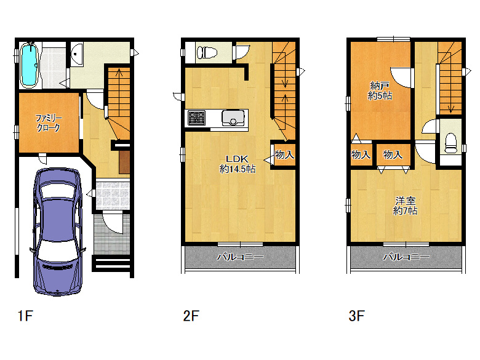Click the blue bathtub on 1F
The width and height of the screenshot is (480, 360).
pos(30,65)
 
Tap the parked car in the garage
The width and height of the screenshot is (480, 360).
pos(58,231)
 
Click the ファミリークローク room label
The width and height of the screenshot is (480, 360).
pos(49,122)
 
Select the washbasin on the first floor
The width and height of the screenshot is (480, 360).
pos(77,54)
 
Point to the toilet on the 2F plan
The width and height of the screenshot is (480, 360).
pos(207,52)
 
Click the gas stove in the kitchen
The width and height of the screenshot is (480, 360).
pos(196,118)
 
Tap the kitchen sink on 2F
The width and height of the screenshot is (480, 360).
pos(233,118)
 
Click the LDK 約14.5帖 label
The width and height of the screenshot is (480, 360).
pos(238,164)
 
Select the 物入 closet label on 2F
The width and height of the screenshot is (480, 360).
pos(284,154)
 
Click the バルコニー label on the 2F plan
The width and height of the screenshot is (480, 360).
pos(240,257)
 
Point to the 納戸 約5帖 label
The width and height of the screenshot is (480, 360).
pos(380,90)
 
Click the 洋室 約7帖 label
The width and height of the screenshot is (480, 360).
pos(405,206)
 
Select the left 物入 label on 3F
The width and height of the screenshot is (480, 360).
pos(361,154)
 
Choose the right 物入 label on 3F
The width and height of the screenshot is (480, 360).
pos(393,154)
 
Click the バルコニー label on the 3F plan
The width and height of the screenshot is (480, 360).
pos(406,257)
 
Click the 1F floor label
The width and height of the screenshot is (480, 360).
pos(25,316)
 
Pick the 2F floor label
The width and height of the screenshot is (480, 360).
pos(191,316)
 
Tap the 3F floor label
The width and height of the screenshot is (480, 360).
pos(357,316)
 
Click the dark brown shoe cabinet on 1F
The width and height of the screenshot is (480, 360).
pos(124,162)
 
